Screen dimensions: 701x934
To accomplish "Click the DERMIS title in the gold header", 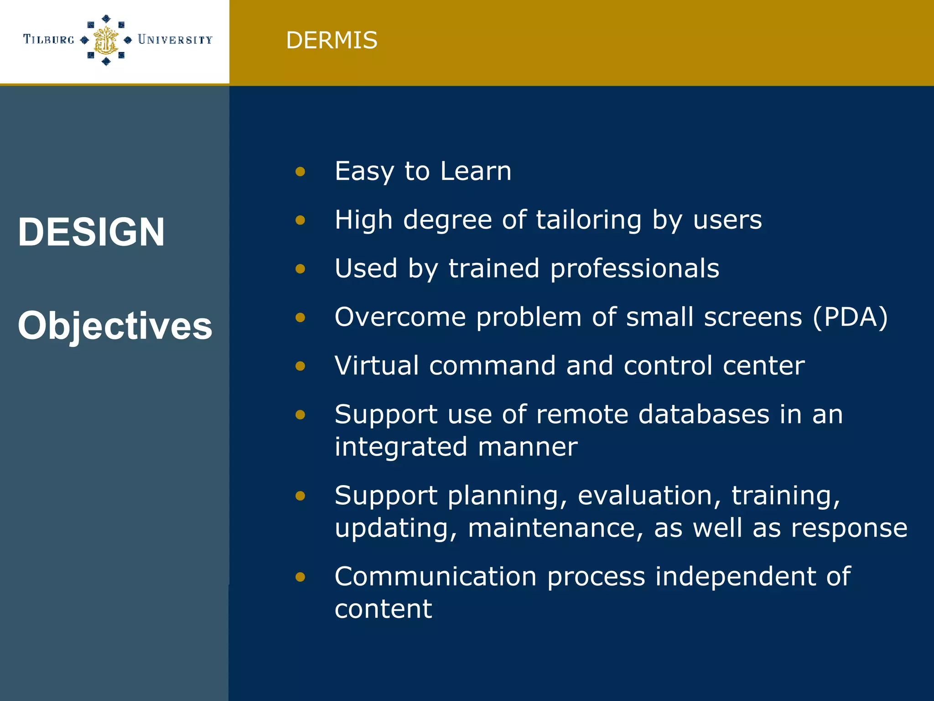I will (x=332, y=40).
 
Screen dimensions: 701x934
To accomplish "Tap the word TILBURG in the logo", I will (x=49, y=40).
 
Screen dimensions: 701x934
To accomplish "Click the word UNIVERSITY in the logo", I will (x=175, y=40).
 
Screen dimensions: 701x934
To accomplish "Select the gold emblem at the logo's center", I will (x=106, y=40).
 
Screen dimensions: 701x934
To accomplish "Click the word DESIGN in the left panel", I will (x=91, y=232).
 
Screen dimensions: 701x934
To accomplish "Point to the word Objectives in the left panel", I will (x=115, y=325).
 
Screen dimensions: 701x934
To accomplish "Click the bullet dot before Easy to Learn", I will (x=300, y=172).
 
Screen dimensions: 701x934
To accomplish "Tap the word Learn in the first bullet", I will (x=476, y=171).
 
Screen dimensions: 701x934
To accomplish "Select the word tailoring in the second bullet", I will (x=588, y=220).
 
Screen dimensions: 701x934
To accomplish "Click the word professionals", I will (x=634, y=268).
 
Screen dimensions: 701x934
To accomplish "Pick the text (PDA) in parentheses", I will (x=851, y=317).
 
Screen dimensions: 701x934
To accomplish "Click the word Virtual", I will (x=376, y=365).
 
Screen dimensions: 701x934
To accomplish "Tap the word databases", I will (x=704, y=414).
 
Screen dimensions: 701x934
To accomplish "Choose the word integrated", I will (x=401, y=446).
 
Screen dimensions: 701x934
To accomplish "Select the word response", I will (x=849, y=528).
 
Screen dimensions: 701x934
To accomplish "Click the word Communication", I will (x=435, y=576).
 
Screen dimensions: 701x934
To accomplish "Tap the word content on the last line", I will (x=383, y=609).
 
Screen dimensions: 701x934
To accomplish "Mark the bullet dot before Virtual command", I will (x=300, y=366).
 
